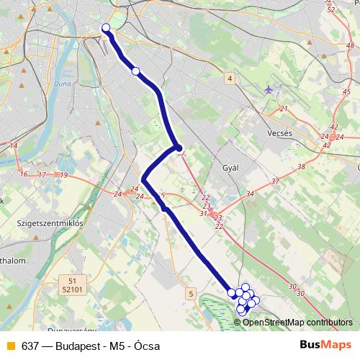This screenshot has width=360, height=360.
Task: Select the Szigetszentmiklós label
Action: [50, 224]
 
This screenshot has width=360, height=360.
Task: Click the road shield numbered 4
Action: [229, 78]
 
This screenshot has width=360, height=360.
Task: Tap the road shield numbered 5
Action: [190, 293]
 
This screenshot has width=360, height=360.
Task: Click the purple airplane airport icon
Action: [269, 90]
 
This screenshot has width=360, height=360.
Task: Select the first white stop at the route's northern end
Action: [106, 28]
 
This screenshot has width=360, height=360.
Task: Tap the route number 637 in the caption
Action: [30, 345]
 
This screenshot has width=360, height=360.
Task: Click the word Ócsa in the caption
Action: [147, 345]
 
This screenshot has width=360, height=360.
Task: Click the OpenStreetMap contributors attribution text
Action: [297, 323]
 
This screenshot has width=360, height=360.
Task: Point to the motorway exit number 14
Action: [14, 145]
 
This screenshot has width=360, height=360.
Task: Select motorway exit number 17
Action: [42, 175]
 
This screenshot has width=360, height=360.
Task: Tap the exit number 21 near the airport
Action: [283, 109]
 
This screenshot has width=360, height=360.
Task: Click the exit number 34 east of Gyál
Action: [250, 194]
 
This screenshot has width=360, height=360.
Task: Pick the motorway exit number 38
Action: [300, 166]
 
